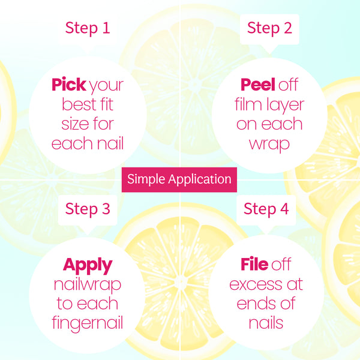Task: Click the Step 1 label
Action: (88, 28)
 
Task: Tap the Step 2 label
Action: (269, 28)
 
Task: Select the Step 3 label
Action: (88, 209)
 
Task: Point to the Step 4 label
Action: (266, 209)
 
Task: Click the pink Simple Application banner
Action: (179, 179)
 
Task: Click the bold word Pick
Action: (69, 85)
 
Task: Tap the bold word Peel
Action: (258, 85)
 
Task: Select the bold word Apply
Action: (88, 266)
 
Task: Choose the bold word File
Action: (254, 264)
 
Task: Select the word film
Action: (248, 104)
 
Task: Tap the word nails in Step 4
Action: (266, 323)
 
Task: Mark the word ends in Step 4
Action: (254, 304)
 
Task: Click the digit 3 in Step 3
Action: (106, 209)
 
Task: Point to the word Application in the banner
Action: (200, 179)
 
